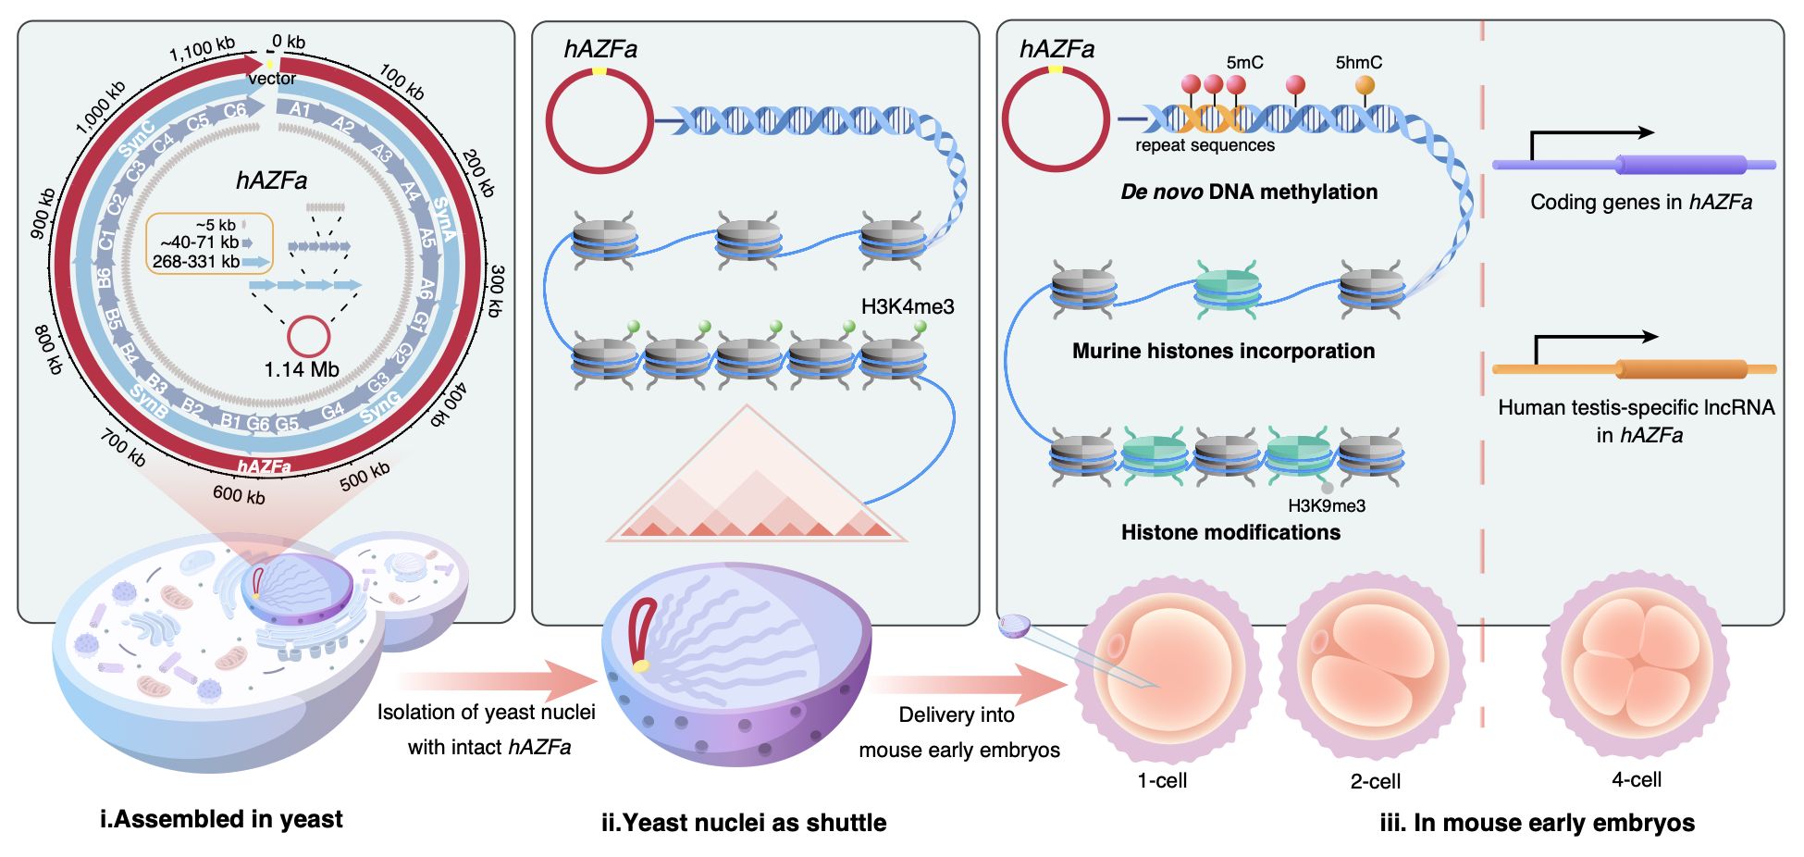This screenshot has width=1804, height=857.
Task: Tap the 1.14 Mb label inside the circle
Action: tap(302, 369)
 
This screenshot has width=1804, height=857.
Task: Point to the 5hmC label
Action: tap(1358, 62)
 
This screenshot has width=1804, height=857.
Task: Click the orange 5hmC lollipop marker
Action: tap(1365, 86)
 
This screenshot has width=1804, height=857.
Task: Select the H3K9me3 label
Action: tap(1326, 505)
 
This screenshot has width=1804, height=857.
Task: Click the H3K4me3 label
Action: tap(907, 306)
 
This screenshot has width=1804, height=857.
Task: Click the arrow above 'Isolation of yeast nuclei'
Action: tap(500, 681)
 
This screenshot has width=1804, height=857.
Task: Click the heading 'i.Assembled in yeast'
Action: tap(221, 819)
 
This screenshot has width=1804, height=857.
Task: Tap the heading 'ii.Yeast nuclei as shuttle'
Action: tap(744, 823)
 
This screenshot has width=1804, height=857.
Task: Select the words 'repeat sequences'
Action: tap(1205, 145)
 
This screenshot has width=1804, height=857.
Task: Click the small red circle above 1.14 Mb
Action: tap(309, 336)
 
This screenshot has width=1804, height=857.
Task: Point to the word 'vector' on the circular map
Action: tap(272, 79)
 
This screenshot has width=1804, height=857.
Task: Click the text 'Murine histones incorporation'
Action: tap(1223, 351)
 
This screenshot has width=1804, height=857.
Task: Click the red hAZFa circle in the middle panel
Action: tap(599, 120)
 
